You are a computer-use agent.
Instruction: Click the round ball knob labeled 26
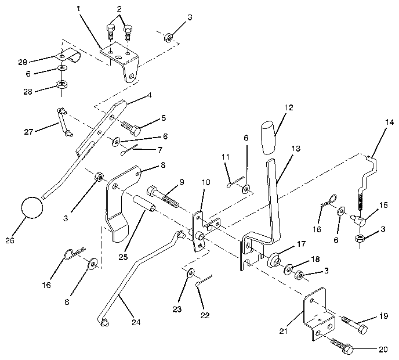tap(32, 207)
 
